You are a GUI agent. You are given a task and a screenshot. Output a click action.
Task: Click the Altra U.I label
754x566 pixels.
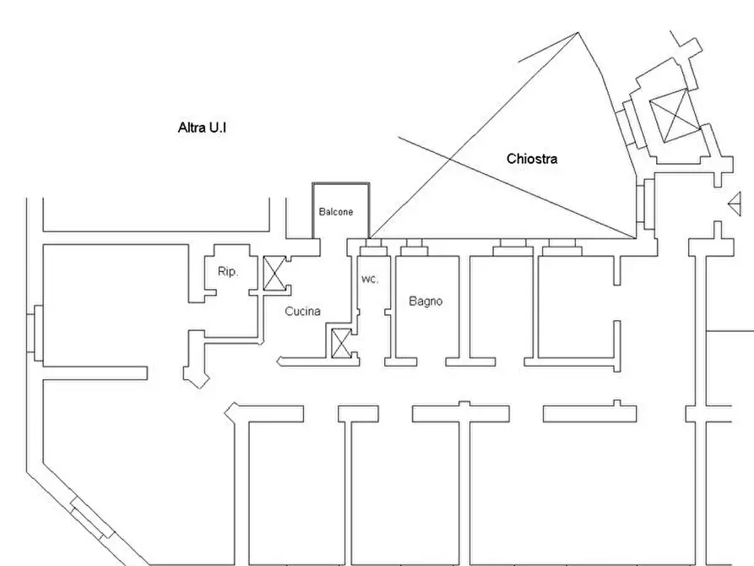pos(202,128)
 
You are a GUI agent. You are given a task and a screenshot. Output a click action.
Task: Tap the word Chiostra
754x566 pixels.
pos(532,159)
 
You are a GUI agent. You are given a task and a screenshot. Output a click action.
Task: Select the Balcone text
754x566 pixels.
pos(336,212)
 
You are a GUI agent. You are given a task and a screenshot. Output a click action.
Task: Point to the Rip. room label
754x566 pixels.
pos(228,271)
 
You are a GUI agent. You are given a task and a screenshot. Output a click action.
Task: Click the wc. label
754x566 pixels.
pos(370,279)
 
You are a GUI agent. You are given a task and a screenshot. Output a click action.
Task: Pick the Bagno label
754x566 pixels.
pos(426,302)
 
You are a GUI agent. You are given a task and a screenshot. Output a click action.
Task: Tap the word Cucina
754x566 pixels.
pos(302,312)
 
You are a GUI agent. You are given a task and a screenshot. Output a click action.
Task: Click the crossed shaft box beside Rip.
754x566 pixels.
pos(274,274)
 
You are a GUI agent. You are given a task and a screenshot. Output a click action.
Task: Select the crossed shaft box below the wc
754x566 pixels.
pos(341,343)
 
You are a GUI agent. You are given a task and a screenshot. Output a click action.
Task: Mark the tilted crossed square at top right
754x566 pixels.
pos(675,116)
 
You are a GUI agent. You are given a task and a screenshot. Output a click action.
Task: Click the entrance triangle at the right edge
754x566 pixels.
pos(735,204)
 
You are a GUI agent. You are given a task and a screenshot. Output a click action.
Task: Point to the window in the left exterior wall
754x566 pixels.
pos(35,333)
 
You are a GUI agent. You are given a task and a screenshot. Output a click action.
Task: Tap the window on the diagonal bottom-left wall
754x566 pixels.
pos(92,517)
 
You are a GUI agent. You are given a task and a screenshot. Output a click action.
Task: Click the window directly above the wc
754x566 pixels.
pos(374,247)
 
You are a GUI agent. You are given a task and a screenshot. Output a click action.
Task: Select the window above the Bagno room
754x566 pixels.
pos(414,247)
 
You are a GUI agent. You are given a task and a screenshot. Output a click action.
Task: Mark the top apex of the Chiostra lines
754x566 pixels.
pos(578,32)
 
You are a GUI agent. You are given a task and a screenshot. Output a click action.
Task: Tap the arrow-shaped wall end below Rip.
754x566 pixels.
pos(197,377)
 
